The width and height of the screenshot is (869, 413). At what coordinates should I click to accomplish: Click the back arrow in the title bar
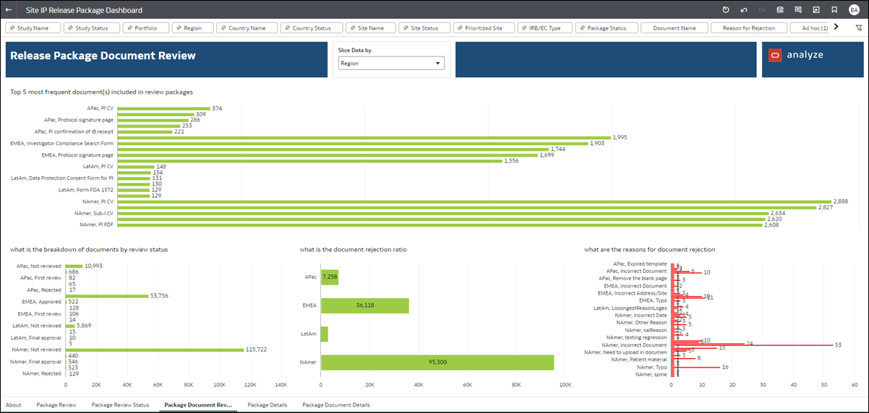tap(8, 10)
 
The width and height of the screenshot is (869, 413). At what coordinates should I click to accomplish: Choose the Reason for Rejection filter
tap(748, 28)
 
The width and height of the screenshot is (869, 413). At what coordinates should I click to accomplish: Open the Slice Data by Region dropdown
tap(391, 64)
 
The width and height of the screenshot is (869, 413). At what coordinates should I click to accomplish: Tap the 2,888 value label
tap(841, 201)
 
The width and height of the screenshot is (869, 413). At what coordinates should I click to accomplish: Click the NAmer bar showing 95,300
tap(437, 362)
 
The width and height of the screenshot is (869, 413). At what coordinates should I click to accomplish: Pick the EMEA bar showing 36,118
tap(364, 305)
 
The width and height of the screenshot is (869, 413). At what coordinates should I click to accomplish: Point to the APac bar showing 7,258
tap(330, 277)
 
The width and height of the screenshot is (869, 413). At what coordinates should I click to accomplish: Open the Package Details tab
tap(267, 405)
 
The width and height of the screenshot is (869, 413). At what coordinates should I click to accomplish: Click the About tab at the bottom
tap(13, 405)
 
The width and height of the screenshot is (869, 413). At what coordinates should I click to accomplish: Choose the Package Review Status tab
tap(120, 405)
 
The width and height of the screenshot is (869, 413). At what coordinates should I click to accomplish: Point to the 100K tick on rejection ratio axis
tap(565, 385)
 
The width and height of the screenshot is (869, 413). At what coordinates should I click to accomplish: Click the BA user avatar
tap(854, 10)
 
